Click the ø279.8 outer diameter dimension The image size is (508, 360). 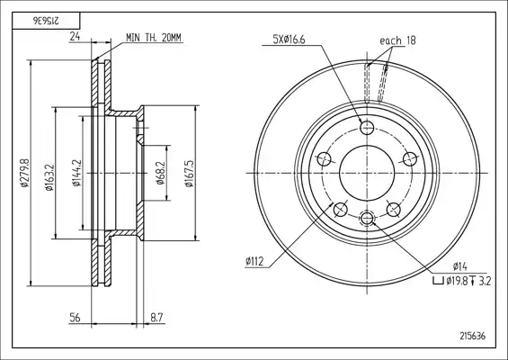tap(25, 173)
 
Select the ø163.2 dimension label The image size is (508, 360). tap(49, 177)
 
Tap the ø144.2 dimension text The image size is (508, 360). tap(76, 173)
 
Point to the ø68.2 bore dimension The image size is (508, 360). tap(160, 173)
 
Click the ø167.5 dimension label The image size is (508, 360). tap(189, 173)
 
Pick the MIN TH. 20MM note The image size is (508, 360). tap(154, 38)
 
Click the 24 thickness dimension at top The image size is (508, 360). tap(75, 37)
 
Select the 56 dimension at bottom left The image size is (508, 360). tap(75, 318)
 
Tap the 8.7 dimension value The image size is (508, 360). tap(156, 318)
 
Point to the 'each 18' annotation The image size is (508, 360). tap(397, 40)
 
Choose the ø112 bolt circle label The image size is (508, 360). tap(254, 261)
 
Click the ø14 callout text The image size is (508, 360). tap(460, 266)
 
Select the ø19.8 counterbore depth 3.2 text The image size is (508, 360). tap(462, 281)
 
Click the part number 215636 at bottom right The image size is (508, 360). tap(473, 336)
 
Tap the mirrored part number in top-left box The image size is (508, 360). tap(46, 21)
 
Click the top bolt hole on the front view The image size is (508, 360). tap(367, 127)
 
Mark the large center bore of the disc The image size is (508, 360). tap(367, 173)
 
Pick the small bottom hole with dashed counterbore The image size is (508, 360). tap(367, 218)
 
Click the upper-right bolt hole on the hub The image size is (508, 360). tap(409, 159)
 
